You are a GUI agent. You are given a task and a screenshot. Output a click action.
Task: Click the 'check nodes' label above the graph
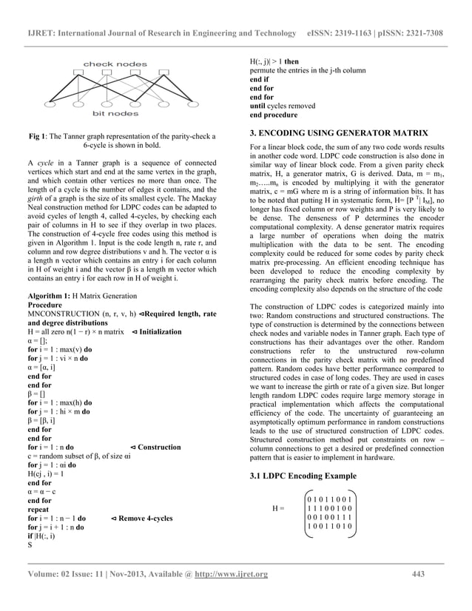pos(115,64)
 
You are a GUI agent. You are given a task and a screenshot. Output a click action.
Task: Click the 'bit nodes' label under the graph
pos(114,114)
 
